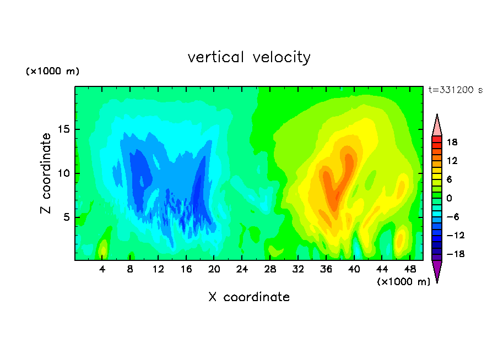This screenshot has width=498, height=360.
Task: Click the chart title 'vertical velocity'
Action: pos(249,57)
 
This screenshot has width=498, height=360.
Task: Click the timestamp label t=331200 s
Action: pos(456,90)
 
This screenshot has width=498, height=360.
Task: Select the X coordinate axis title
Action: pos(249,297)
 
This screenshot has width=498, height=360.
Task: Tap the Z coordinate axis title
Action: pos(46,173)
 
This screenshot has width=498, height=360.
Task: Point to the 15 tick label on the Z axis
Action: pos(64,129)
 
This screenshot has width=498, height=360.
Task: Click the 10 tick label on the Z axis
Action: pos(64,173)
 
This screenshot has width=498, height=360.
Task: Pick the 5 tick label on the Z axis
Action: pos(67,217)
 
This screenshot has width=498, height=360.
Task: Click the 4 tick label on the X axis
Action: pos(102,269)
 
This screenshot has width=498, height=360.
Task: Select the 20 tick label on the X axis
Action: pos(214,269)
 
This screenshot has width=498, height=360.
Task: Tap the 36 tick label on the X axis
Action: pos(326,269)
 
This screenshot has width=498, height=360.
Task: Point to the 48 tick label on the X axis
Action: pos(410,269)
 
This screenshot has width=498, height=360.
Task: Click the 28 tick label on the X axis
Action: pos(270,269)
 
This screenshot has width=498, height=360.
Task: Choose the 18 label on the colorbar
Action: pos(452,142)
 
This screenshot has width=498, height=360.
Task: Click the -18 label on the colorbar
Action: pos(456,254)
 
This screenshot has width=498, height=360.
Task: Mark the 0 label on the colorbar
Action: pos(449,198)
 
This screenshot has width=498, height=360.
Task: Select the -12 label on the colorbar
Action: pos(456,235)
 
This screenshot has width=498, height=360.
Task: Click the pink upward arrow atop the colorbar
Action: pos(437,125)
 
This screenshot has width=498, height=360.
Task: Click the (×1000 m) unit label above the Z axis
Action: pos(52,71)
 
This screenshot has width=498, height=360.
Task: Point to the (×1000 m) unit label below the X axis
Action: pos(403,282)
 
